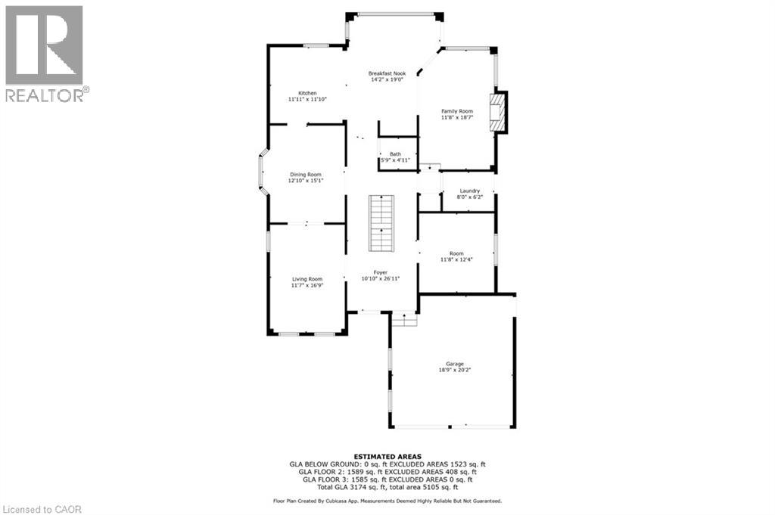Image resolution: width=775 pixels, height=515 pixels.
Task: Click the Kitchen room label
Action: [307, 93]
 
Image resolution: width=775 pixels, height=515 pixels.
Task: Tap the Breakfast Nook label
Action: [387, 73]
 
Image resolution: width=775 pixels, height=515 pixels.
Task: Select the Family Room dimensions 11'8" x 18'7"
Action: [457, 118]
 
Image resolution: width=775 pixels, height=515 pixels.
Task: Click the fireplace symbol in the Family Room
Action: [497, 113]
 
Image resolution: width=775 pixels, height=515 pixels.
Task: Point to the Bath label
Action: [395, 154]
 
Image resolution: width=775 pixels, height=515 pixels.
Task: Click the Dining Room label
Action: [305, 174]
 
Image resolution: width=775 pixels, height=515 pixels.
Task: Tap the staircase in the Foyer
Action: [381, 223]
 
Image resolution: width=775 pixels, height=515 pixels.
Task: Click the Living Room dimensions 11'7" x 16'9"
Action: [307, 286]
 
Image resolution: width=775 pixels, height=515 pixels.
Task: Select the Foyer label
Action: [380, 272]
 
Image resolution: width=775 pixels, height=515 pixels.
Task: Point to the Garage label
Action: [455, 364]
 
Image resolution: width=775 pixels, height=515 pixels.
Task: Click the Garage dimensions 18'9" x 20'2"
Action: [455, 371]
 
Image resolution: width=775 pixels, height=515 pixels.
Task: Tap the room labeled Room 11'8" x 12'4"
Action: [456, 257]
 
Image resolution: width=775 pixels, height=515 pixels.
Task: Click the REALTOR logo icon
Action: [44, 45]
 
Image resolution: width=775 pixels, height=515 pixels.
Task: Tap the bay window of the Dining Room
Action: [261, 175]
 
